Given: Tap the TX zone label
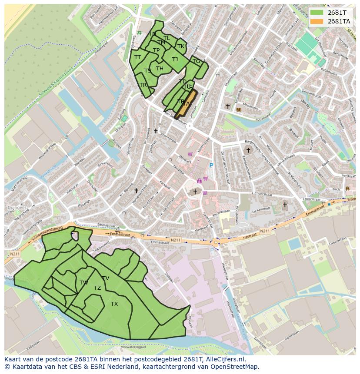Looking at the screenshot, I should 114,304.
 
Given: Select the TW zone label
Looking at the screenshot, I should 84,283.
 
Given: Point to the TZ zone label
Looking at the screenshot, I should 97,288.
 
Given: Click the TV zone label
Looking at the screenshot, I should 106,278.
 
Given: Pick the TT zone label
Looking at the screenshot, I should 138,57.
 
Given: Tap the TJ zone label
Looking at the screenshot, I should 175,60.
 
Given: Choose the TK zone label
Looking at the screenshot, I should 181,46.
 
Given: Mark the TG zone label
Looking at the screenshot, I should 197,61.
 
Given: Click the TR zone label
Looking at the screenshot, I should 143,85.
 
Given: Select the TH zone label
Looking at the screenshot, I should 160,69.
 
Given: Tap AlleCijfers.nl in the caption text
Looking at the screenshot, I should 223,360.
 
